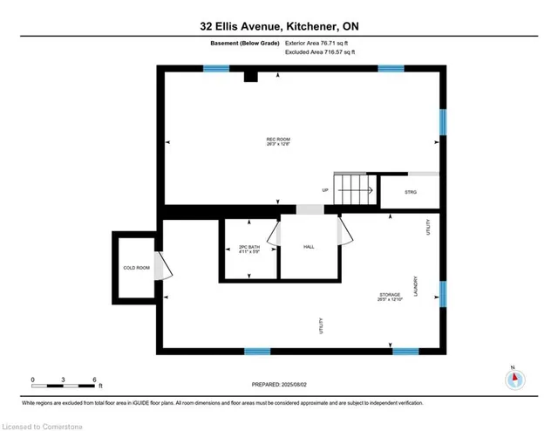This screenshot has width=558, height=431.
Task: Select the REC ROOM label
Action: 278,142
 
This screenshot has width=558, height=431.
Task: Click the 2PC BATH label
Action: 249,250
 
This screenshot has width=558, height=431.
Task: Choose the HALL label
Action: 308,248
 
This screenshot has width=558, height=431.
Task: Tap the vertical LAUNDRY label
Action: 418,284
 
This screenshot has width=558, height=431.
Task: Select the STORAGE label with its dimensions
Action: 390,298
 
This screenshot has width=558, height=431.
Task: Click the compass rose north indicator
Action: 514,380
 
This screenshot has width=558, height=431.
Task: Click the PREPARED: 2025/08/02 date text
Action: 278,384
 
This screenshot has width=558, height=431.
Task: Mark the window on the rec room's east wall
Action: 442,121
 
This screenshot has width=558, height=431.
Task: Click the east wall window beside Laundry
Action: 442,295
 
